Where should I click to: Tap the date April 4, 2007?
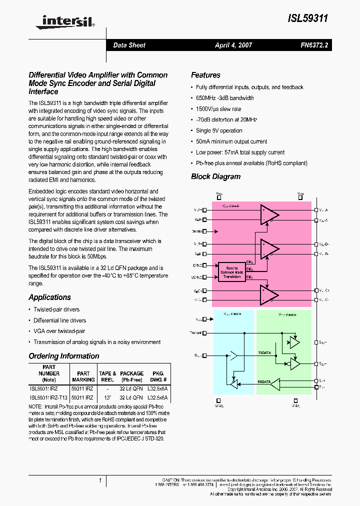[x=233, y=45]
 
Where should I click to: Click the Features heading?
[x=205, y=75]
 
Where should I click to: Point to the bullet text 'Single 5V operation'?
[x=219, y=130]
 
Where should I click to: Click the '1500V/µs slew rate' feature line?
[x=218, y=109]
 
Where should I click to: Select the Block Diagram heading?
[x=215, y=176]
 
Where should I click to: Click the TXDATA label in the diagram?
[x=264, y=352]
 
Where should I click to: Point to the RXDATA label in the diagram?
[x=264, y=381]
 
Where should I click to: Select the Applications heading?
[x=49, y=297]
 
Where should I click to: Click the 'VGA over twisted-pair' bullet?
[x=59, y=331]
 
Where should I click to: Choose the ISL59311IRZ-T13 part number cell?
[x=48, y=397]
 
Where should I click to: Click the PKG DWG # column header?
[x=157, y=376]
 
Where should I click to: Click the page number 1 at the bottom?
[x=100, y=480]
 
